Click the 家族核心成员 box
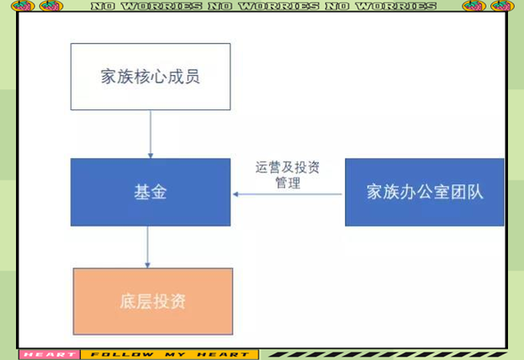click(151, 77)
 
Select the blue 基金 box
click(151, 193)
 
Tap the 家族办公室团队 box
click(425, 193)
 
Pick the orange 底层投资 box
click(153, 301)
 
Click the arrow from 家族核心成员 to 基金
click(151, 135)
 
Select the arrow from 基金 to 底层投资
click(147, 247)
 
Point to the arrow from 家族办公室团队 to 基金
click(288, 194)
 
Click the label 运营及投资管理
click(288, 175)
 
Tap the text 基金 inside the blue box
click(151, 193)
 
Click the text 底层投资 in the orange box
click(153, 301)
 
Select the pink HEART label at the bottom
click(50, 355)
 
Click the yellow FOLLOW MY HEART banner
click(170, 355)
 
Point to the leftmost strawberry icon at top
click(23, 6)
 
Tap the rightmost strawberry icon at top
click(502, 6)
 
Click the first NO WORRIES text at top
click(146, 6)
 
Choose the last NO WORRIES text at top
click(381, 6)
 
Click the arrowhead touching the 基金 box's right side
click(236, 194)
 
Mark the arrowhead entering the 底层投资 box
click(147, 266)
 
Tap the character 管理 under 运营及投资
click(288, 183)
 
